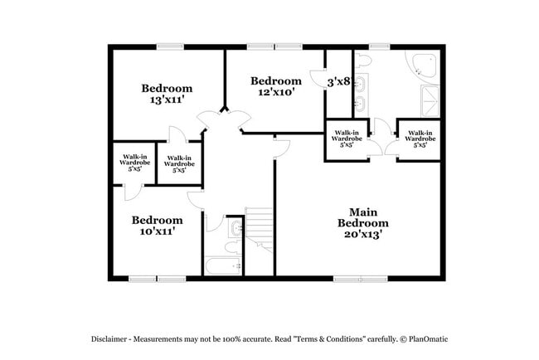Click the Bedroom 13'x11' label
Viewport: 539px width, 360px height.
[x=167, y=94]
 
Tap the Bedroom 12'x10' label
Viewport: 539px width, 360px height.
[x=276, y=86]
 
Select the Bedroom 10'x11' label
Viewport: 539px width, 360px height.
[x=158, y=226]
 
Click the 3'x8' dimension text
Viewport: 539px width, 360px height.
[x=337, y=82]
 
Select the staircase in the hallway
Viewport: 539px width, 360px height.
[x=259, y=226]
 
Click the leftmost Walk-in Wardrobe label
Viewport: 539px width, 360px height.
[x=135, y=162]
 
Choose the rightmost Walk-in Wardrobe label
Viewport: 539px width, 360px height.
[x=419, y=139]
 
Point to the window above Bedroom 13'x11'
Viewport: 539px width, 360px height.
[x=170, y=47]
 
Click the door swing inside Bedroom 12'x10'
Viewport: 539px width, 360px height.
[x=318, y=77]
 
